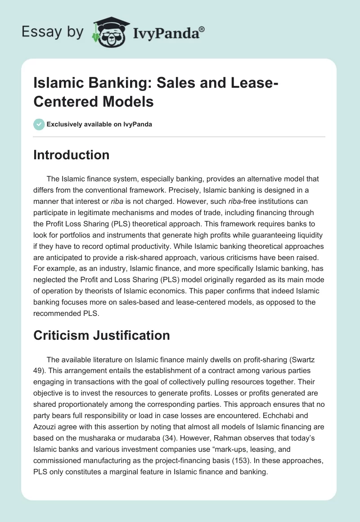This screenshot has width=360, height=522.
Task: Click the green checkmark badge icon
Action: tap(39, 124)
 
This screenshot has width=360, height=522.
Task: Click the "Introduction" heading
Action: tap(71, 155)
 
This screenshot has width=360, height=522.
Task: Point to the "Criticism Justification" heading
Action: tap(102, 335)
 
